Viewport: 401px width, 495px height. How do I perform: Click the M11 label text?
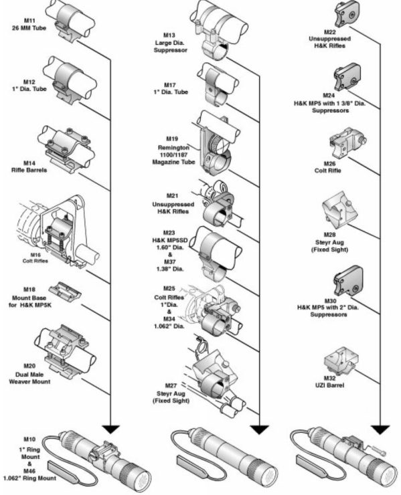pyautogui.click(x=29, y=21)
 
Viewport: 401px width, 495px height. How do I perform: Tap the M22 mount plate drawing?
pyautogui.click(x=347, y=14)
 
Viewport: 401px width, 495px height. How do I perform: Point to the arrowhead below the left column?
pyautogui.click(x=110, y=429)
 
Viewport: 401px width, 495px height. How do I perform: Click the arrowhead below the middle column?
pyautogui.click(x=260, y=429)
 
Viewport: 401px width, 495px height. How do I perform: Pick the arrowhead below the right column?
pyautogui.click(x=380, y=429)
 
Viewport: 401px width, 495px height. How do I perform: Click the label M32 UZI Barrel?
pyautogui.click(x=329, y=382)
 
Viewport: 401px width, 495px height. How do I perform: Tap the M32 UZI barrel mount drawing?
pyautogui.click(x=341, y=360)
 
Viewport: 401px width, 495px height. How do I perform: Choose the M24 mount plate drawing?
pyautogui.click(x=347, y=78)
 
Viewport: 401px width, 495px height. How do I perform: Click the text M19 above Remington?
pyautogui.click(x=172, y=139)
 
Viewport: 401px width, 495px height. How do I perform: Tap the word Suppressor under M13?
pyautogui.click(x=171, y=50)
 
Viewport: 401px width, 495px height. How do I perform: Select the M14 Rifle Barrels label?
pyautogui.click(x=29, y=167)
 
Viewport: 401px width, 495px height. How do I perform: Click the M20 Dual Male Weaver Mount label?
pyautogui.click(x=29, y=374)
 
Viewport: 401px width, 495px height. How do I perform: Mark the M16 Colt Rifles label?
pyautogui.click(x=35, y=258)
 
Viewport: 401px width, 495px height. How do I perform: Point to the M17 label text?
pyautogui.click(x=171, y=89)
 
